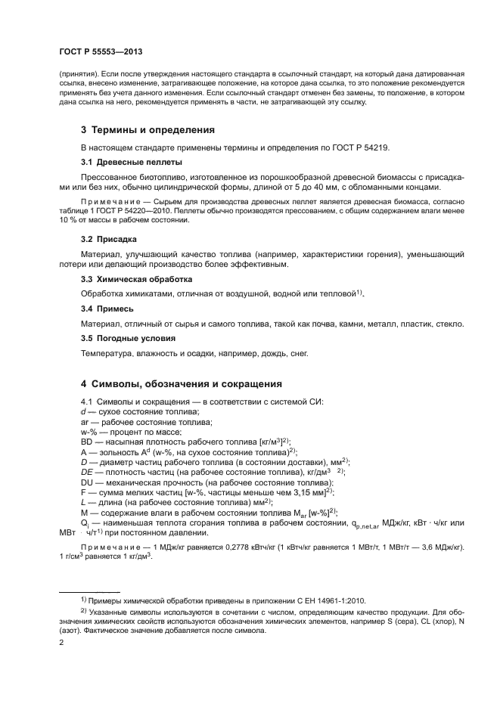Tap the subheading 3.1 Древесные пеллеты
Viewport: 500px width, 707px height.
(x=131, y=162)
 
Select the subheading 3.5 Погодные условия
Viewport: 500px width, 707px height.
(x=128, y=339)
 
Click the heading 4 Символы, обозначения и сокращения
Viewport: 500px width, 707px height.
(x=182, y=383)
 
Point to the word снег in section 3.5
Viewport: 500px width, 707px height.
(x=297, y=354)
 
